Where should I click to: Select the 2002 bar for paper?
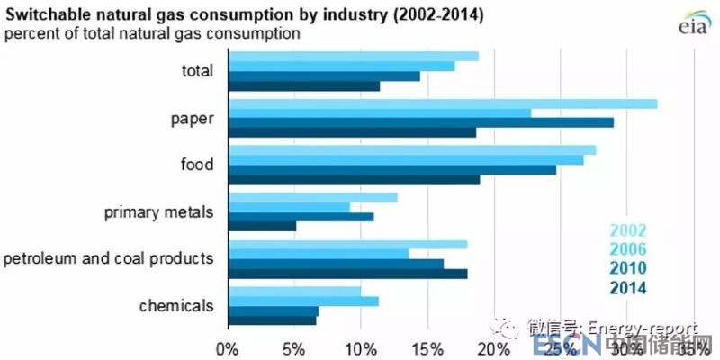click(443, 103)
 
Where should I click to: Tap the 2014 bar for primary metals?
click(263, 226)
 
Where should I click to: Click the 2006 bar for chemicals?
click(304, 301)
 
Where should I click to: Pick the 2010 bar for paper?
click(421, 122)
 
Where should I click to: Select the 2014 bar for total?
click(304, 86)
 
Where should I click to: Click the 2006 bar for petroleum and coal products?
click(319, 254)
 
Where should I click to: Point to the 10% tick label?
click(361, 347)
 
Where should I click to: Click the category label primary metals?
click(158, 213)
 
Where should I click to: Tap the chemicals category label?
click(176, 305)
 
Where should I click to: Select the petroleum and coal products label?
click(108, 259)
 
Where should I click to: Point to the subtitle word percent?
click(30, 34)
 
